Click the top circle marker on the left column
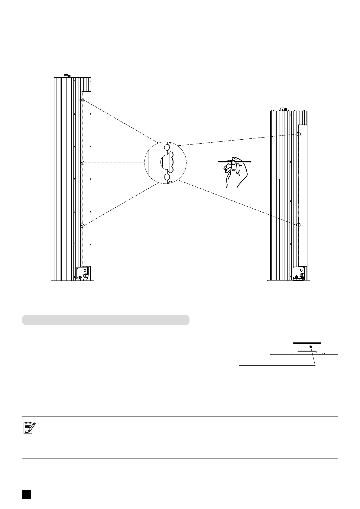click(82, 100)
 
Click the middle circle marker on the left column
click(82, 163)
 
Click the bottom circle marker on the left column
click(82, 225)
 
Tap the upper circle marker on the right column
click(299, 134)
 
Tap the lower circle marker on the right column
click(299, 225)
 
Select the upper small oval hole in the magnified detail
click(167, 148)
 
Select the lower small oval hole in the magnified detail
click(167, 177)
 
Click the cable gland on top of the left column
click(66, 76)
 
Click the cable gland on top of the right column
click(283, 109)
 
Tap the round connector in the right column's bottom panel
click(302, 276)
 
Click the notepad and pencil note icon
click(29, 428)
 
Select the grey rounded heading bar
click(105, 320)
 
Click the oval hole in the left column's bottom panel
click(85, 270)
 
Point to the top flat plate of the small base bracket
click(307, 343)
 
